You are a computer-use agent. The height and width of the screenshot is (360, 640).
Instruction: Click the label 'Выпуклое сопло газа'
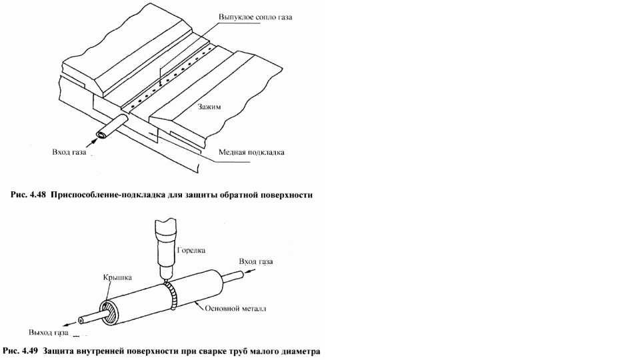pyautogui.click(x=255, y=17)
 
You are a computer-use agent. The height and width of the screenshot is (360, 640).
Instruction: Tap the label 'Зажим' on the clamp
pyautogui.click(x=209, y=107)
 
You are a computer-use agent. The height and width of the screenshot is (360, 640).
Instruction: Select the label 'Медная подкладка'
pyautogui.click(x=251, y=152)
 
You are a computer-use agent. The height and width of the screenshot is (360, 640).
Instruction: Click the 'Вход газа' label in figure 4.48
pyautogui.click(x=69, y=152)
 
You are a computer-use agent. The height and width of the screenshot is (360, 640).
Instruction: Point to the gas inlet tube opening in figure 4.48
pyautogui.click(x=101, y=135)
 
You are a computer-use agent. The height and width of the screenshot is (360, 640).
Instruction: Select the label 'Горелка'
pyautogui.click(x=191, y=250)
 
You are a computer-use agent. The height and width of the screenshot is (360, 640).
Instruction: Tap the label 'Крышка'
pyautogui.click(x=117, y=277)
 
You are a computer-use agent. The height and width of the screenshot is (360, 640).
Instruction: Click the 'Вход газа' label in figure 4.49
pyautogui.click(x=256, y=261)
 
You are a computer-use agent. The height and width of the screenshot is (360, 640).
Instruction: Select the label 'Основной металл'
pyautogui.click(x=235, y=309)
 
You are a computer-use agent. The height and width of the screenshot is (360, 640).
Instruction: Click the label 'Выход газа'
pyautogui.click(x=48, y=332)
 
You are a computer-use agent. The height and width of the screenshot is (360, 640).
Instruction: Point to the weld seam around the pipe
pyautogui.click(x=173, y=297)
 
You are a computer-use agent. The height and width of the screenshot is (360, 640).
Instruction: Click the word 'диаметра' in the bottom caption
pyautogui.click(x=301, y=351)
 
